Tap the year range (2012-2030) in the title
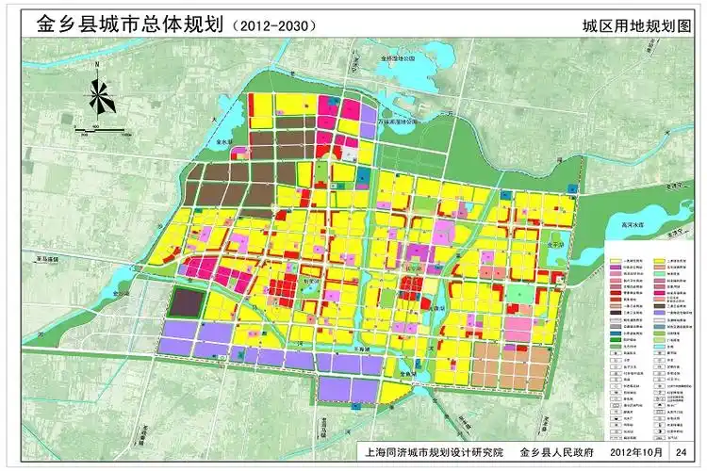(x=274, y=25)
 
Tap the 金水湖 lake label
(x=225, y=142)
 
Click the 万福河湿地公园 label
(x=397, y=122)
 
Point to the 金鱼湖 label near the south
(x=407, y=371)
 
